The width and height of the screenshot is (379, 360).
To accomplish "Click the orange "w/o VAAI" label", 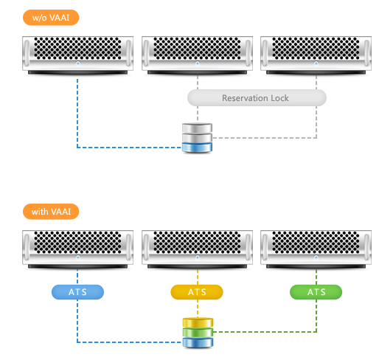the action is tap(51, 18).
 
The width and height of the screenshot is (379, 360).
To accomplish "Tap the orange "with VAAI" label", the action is tap(51, 212).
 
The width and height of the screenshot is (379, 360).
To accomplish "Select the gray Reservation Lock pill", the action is tap(257, 98).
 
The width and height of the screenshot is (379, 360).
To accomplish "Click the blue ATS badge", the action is tap(77, 292).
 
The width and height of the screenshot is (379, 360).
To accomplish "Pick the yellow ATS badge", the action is tap(197, 292).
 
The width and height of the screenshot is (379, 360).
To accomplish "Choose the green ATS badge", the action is tap(316, 292).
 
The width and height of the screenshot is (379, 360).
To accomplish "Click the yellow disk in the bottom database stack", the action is tap(198, 322).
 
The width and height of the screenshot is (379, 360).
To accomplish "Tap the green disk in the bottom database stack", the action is tap(198, 332).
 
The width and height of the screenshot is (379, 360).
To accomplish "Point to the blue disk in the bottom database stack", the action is tap(198, 342).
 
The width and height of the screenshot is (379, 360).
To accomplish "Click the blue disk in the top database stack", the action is tap(197, 148).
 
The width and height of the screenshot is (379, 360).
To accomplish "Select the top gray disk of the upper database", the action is tap(197, 128).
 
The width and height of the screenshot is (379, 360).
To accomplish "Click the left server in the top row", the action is tap(77, 55).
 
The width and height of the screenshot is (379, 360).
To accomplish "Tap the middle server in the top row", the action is tap(197, 55).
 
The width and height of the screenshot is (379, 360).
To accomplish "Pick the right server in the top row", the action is tap(316, 55).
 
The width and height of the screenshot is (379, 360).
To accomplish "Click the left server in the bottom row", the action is tap(77, 249).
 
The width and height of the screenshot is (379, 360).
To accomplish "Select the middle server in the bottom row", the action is tap(197, 249).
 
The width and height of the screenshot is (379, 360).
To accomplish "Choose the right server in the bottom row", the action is tap(316, 249).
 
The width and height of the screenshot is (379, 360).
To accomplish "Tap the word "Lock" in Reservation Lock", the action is tap(279, 98).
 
